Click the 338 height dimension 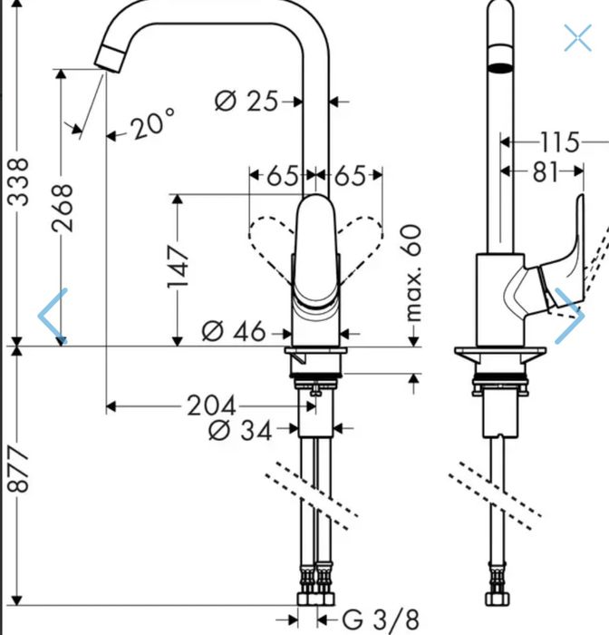[19, 181]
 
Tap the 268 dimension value [63, 208]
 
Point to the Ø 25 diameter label [246, 101]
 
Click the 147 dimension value [178, 266]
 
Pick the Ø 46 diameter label [234, 331]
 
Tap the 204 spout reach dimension [212, 405]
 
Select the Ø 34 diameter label [240, 430]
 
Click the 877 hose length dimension [19, 469]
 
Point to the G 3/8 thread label [381, 620]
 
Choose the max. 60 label [413, 273]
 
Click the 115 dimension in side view [560, 142]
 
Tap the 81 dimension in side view [545, 172]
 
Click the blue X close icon [578, 38]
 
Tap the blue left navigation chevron [53, 316]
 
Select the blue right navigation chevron [570, 316]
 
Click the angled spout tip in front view [110, 59]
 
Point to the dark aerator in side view [500, 67]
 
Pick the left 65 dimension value [283, 175]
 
